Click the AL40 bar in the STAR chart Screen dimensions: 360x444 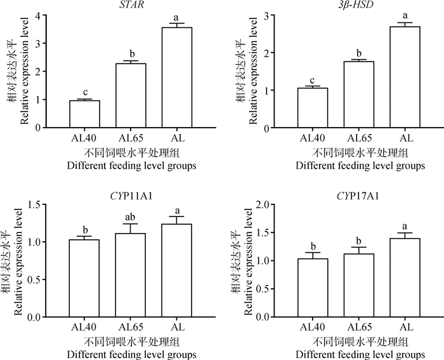(x=85, y=114)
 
